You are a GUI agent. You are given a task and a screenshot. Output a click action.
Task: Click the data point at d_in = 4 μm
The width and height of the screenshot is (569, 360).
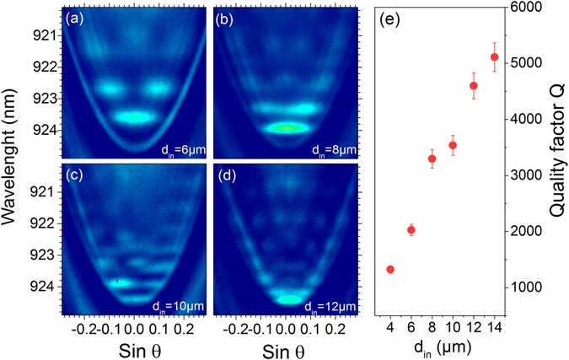390,269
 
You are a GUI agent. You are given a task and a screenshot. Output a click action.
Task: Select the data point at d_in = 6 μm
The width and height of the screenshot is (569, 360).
411,230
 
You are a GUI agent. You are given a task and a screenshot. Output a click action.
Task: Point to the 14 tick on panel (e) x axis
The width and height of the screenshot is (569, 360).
494,325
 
